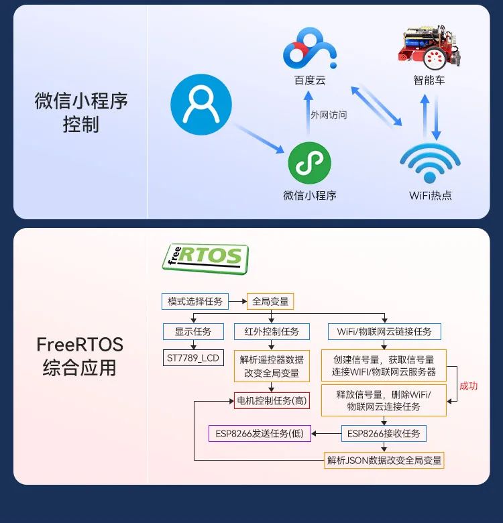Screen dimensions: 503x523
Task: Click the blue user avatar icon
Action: [201, 105]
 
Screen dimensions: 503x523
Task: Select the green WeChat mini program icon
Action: [309, 164]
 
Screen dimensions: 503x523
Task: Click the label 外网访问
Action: [329, 115]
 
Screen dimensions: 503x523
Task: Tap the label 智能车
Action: [429, 80]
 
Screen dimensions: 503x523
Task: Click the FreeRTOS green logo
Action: [205, 257]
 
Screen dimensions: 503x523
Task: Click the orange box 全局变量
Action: [270, 301]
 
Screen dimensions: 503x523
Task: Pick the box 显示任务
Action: [193, 331]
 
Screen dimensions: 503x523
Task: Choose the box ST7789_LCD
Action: [193, 358]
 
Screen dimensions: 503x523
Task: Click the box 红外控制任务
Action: [271, 331]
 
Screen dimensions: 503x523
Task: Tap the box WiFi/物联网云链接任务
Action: [384, 331]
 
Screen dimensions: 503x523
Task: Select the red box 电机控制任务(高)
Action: [272, 401]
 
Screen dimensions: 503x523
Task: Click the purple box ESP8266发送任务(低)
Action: [260, 434]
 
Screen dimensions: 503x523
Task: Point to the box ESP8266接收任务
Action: [384, 434]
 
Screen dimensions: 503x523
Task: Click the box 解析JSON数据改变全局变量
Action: [384, 460]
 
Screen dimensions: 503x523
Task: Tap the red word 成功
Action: [468, 386]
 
